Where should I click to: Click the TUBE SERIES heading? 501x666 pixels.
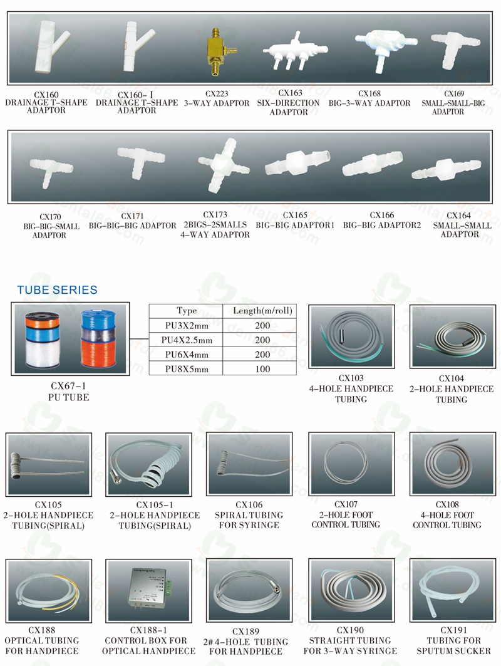(x=57, y=290)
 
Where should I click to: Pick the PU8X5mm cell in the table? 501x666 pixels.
(x=186, y=369)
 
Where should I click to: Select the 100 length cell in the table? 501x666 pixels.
(x=263, y=369)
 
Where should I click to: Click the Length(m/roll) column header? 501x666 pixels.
(x=263, y=311)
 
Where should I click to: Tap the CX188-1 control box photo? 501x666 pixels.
(x=151, y=590)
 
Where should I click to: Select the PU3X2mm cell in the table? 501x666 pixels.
(x=186, y=325)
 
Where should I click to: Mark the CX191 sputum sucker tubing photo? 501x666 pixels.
(x=450, y=590)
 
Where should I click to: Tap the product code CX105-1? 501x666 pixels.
(x=154, y=505)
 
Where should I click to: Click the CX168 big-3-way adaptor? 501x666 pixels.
(x=376, y=45)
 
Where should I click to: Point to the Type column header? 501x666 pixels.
(x=186, y=311)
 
